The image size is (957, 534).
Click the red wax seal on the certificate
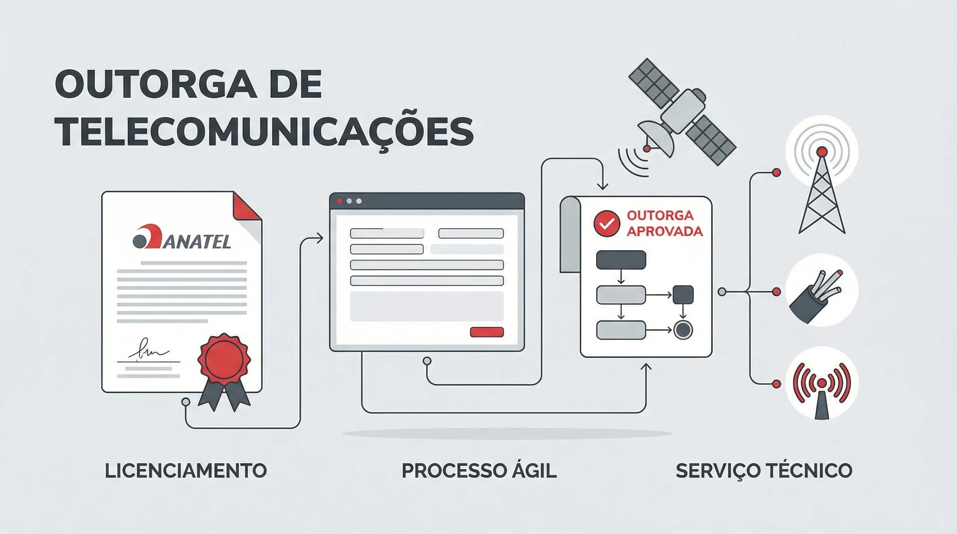click(224, 358)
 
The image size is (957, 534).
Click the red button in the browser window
click(487, 332)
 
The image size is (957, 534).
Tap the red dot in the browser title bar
click(339, 201)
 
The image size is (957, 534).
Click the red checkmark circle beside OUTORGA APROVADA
click(606, 224)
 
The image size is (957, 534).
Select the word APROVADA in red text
click(665, 231)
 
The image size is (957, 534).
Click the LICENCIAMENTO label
click(186, 470)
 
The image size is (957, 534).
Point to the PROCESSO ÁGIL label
click(479, 470)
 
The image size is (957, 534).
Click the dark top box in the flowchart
click(621, 260)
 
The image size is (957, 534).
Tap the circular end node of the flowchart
click(683, 330)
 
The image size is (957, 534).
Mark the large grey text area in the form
click(426, 306)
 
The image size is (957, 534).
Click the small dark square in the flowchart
click(683, 295)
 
